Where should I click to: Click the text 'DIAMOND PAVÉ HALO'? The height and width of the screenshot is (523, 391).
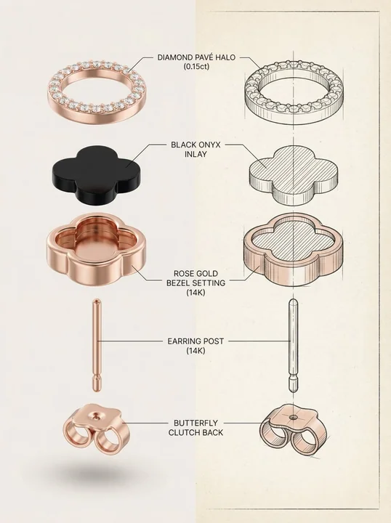(195, 57)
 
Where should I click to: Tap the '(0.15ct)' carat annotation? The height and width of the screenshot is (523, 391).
(195, 66)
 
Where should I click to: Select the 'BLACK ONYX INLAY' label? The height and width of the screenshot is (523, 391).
(195, 150)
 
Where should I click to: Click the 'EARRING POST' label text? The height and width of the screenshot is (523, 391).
(195, 341)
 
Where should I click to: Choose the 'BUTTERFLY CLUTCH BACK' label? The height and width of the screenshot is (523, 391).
(195, 428)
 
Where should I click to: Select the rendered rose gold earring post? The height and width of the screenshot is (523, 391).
(97, 345)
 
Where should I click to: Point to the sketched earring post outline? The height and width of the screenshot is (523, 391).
(293, 345)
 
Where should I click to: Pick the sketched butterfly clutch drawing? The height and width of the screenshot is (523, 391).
(293, 429)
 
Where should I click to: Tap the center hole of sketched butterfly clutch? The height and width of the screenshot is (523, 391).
(293, 417)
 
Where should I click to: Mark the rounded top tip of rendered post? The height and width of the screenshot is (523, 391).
(97, 300)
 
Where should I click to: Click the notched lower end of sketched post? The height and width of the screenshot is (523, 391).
(293, 384)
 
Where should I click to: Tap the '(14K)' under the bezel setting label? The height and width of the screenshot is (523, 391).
(195, 293)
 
